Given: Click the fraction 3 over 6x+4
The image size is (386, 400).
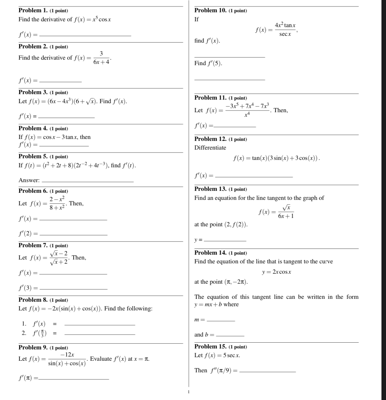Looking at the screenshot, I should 101,58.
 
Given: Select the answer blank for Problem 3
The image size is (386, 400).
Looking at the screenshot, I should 68,117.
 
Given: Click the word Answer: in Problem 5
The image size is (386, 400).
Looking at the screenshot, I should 29,180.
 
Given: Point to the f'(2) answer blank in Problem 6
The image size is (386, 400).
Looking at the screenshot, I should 75,235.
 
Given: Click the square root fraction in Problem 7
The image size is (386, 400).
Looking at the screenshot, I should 59,258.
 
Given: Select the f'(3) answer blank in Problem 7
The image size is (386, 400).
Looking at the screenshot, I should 75,289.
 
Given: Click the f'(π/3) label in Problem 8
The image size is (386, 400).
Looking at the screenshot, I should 39,333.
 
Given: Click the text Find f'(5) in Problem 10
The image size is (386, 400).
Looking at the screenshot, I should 208,63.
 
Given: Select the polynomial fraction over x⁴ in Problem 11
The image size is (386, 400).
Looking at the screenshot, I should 248,110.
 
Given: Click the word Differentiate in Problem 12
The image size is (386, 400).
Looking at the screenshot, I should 210,148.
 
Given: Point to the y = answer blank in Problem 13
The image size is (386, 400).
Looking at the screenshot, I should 225,241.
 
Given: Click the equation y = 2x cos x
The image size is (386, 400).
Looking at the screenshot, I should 276,272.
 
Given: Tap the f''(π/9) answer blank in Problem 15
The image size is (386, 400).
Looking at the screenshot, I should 268,372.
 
